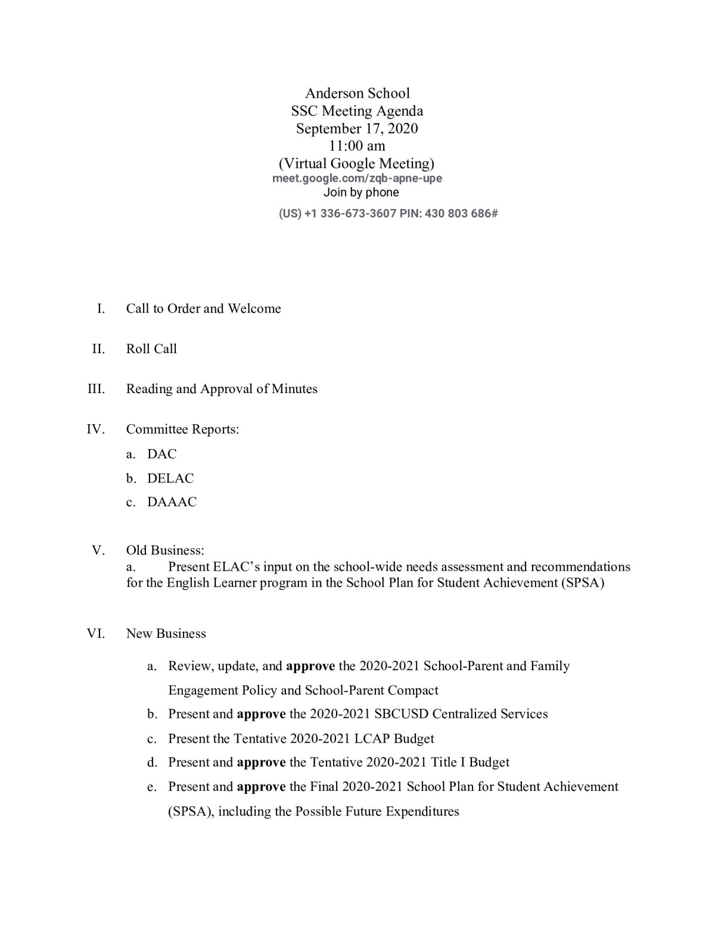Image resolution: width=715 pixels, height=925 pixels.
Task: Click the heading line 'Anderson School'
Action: click(357, 93)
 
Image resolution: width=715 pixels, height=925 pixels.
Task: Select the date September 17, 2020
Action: click(357, 128)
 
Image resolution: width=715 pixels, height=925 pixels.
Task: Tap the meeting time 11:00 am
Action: click(357, 145)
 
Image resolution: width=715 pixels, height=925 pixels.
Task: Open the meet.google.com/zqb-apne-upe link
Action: click(357, 178)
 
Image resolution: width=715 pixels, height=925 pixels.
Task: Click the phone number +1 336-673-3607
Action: click(350, 213)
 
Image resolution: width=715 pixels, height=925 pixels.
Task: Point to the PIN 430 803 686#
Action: click(461, 213)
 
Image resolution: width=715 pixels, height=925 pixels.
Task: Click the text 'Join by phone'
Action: click(361, 192)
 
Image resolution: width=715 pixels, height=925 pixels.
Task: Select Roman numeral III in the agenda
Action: click(96, 389)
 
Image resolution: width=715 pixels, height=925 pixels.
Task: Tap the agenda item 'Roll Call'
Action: click(151, 349)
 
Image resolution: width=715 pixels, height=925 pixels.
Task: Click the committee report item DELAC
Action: click(170, 478)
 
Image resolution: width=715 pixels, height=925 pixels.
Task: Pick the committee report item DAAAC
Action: click(172, 502)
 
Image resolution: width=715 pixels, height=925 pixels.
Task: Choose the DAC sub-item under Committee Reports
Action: click(162, 454)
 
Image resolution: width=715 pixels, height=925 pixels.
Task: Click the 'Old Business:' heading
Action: click(165, 550)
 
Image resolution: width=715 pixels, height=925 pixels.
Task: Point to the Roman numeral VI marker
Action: click(96, 634)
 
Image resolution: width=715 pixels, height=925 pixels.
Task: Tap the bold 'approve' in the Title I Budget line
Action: click(261, 762)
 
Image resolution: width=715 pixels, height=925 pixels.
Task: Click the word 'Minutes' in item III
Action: click(294, 389)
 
